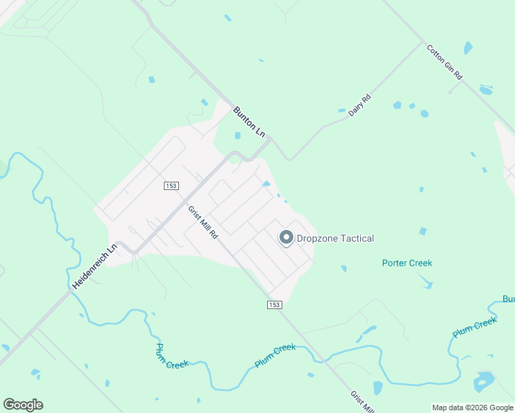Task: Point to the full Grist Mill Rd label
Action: [x=203, y=222]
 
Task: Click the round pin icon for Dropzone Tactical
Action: [x=286, y=238]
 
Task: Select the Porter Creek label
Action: [x=407, y=263]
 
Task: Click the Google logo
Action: [x=23, y=404]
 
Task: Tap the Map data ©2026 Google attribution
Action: [x=472, y=407]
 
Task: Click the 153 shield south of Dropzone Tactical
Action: [x=274, y=304]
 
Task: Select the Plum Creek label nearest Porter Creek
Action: [x=474, y=327]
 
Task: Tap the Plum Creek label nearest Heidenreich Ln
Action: [x=172, y=356]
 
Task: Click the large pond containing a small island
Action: [x=484, y=380]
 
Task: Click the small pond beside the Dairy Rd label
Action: [x=341, y=110]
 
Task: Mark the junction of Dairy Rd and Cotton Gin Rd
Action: [x=422, y=42]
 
